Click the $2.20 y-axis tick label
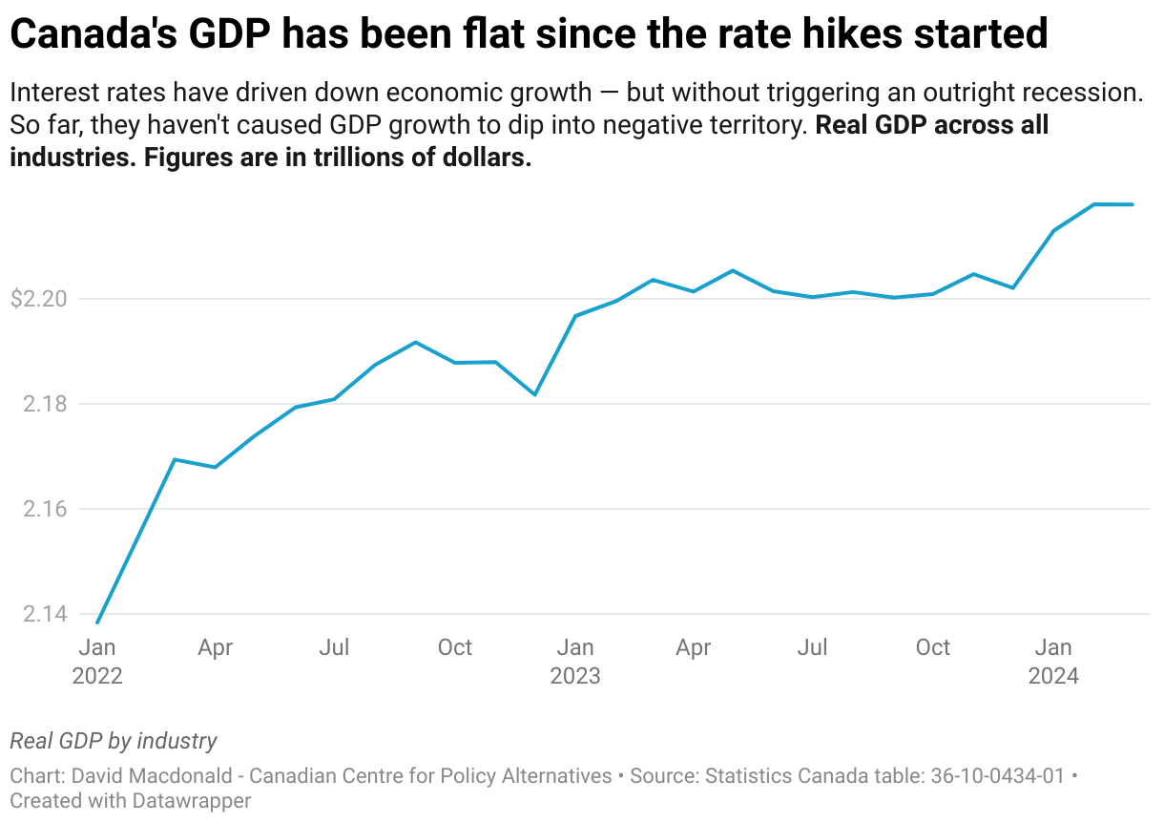tap(39, 299)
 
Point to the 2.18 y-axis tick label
tap(45, 404)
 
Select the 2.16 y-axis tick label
tap(45, 509)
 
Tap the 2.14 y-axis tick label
tap(45, 614)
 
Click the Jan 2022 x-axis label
tap(97, 661)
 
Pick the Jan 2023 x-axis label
tap(575, 661)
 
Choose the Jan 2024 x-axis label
tap(1053, 661)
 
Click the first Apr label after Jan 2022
tap(216, 647)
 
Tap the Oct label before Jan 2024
tap(932, 647)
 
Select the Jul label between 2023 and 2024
tap(813, 647)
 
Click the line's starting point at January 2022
tap(97, 623)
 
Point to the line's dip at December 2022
tap(535, 394)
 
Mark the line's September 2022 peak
tap(416, 342)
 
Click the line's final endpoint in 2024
tap(1133, 204)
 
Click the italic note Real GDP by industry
tap(114, 741)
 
